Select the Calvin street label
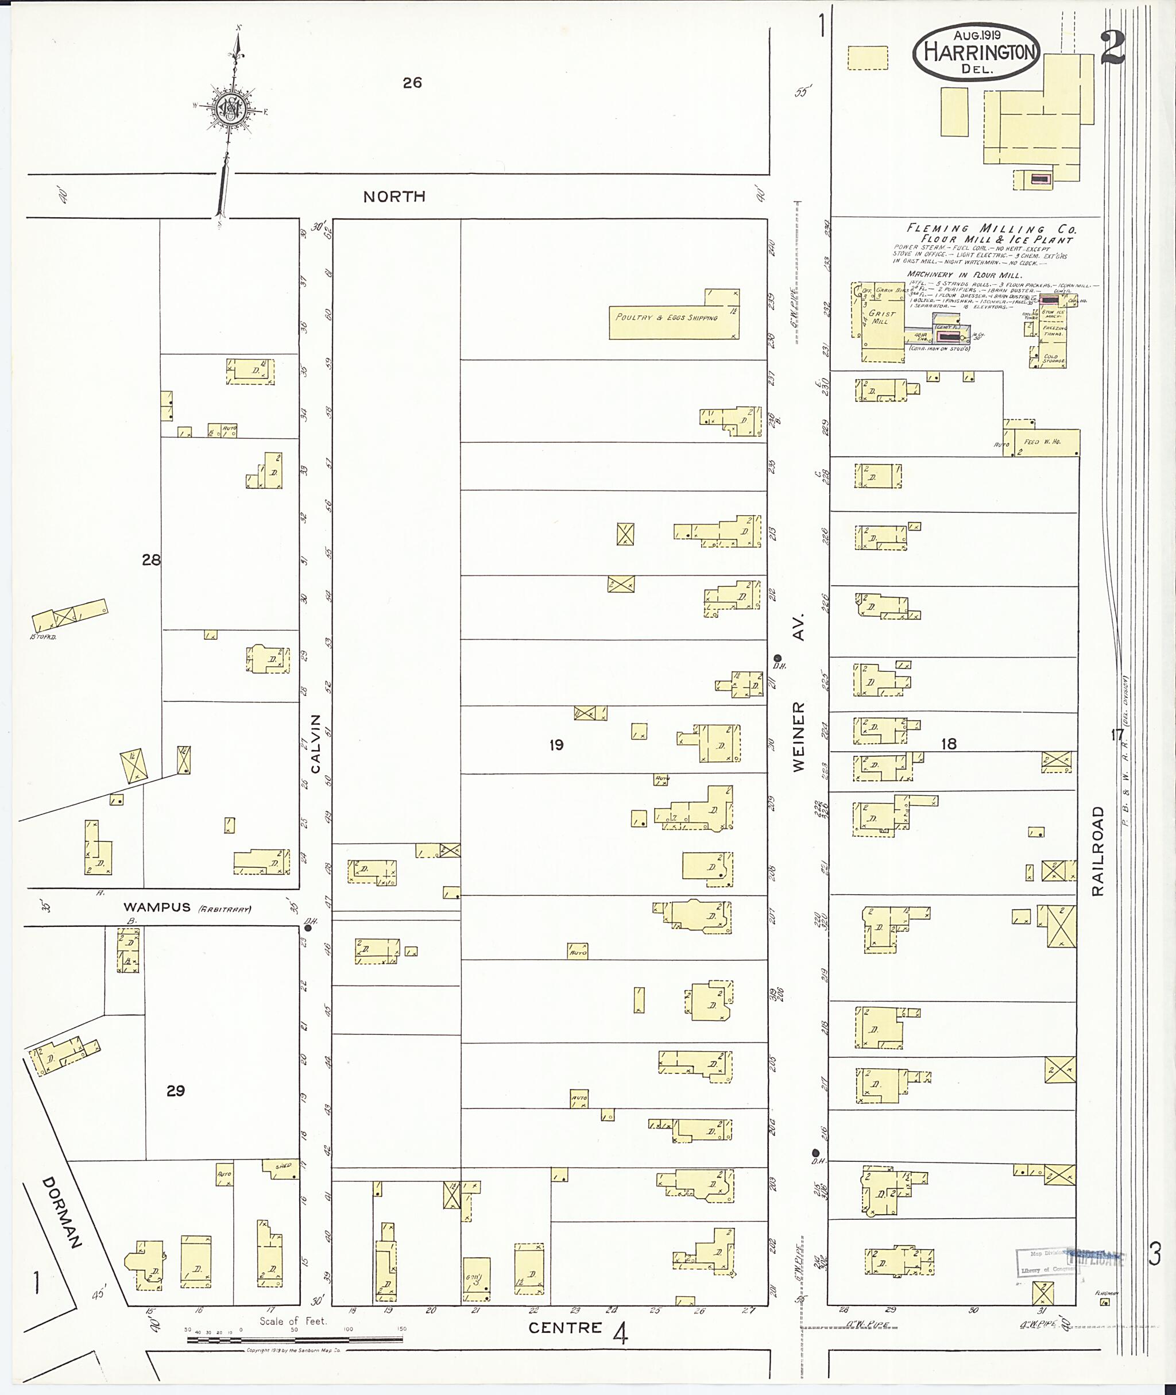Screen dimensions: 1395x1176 316,744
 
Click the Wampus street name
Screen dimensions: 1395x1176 157,907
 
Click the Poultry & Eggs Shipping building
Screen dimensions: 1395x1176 667,318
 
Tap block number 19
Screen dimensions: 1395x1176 556,745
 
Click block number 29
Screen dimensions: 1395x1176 175,1091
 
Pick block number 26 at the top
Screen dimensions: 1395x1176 412,83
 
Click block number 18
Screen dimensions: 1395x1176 948,744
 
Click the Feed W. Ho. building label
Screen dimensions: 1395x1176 1042,442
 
